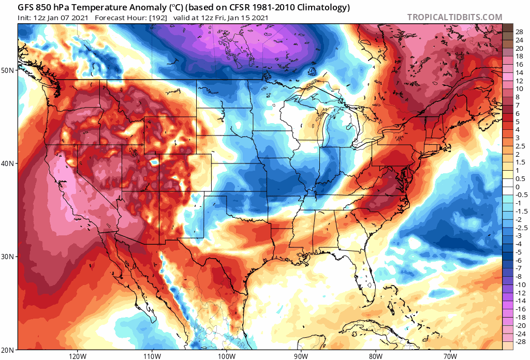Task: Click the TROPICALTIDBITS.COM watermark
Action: (x=454, y=17)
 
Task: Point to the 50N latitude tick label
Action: (x=8, y=70)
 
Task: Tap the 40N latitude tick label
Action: (x=8, y=163)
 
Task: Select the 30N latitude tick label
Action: (x=8, y=257)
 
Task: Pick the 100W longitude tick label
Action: (x=226, y=355)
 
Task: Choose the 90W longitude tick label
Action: (x=301, y=355)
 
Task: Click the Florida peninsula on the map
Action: (x=365, y=279)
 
